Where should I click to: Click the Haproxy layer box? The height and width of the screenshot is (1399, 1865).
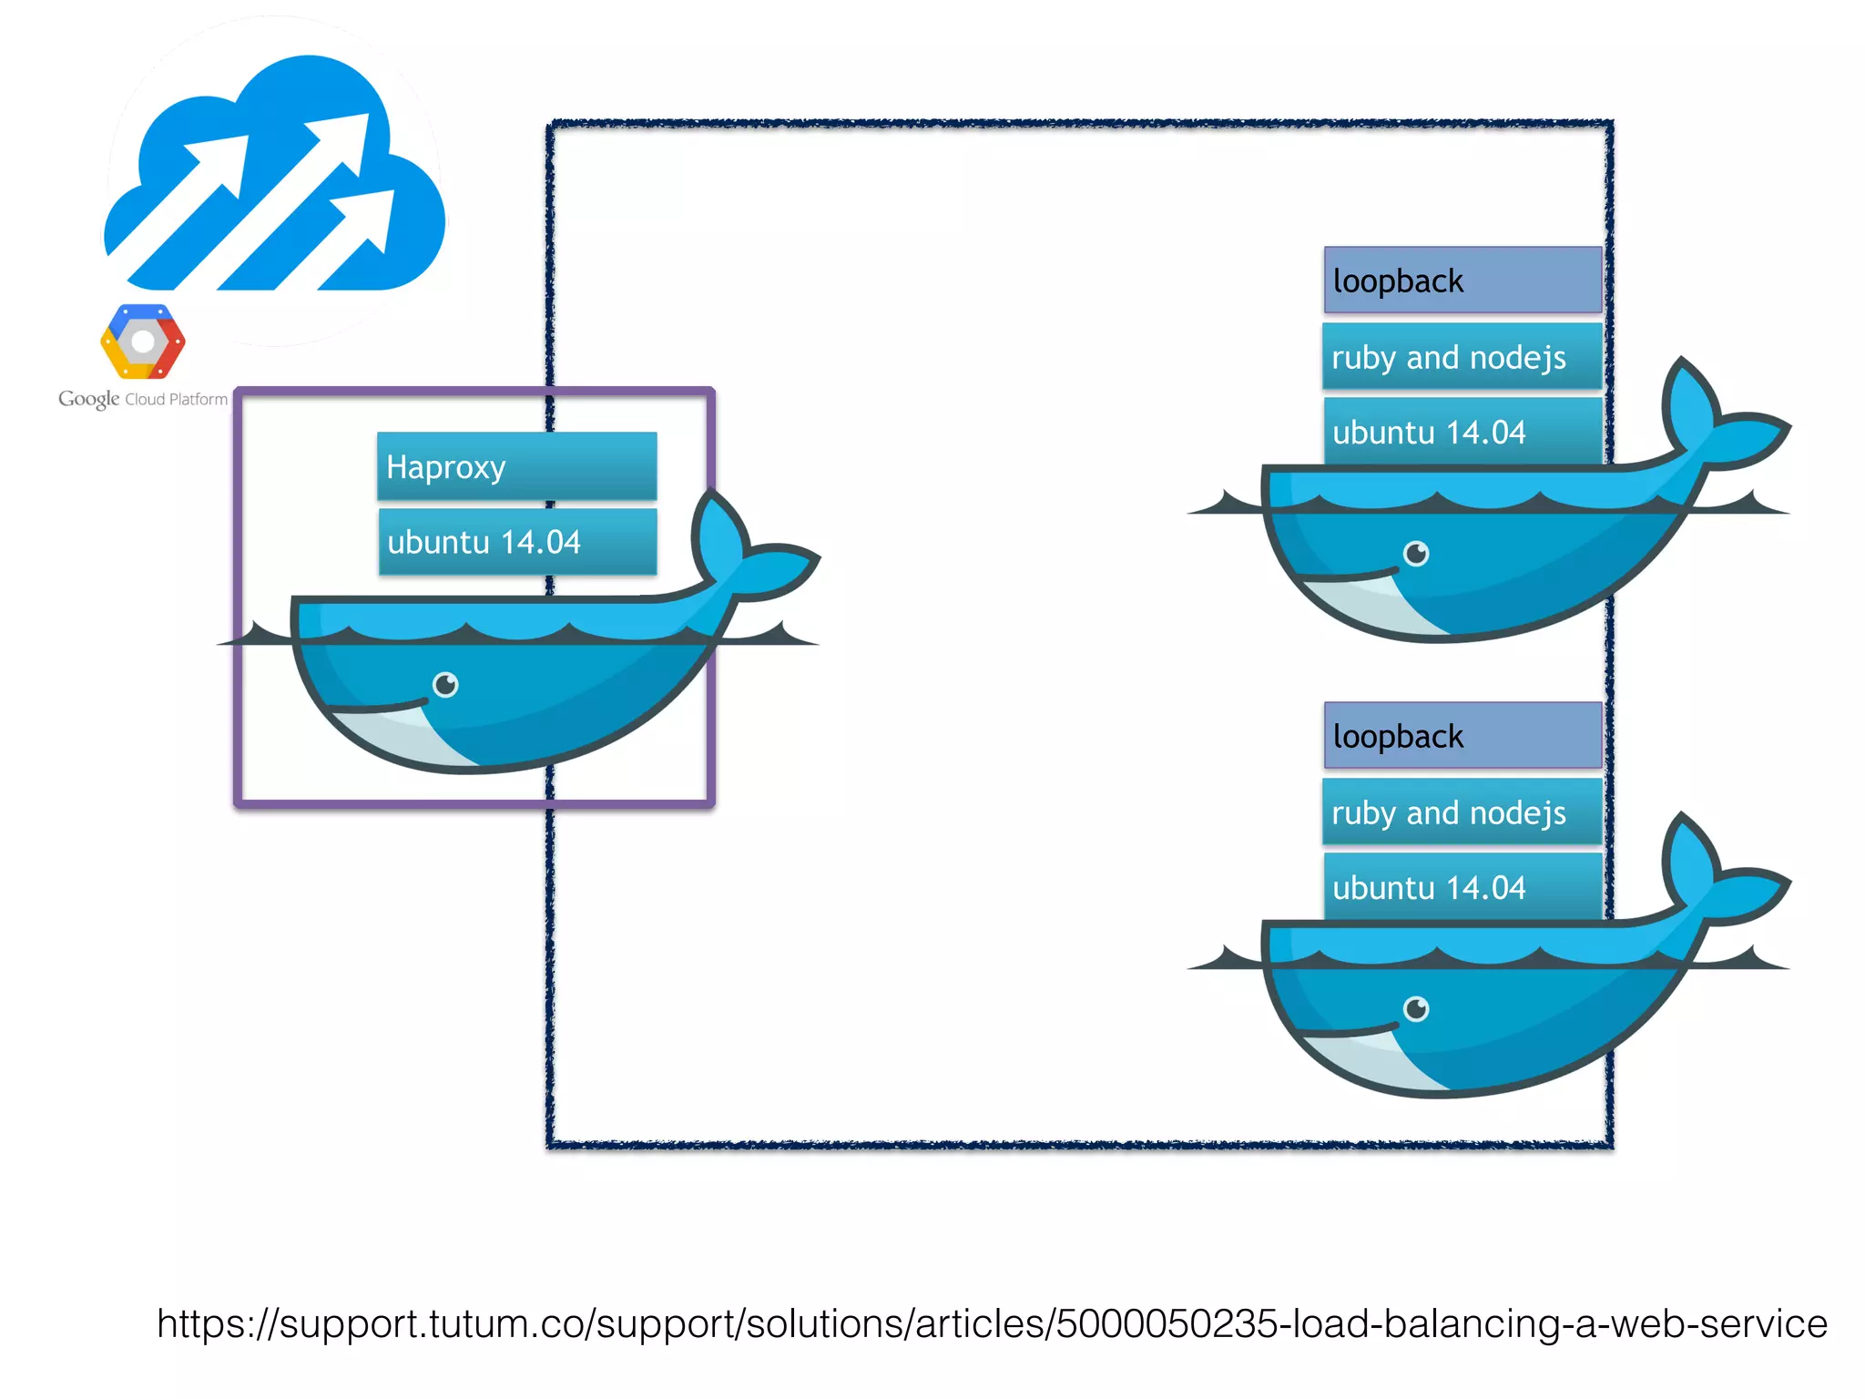[x=516, y=465]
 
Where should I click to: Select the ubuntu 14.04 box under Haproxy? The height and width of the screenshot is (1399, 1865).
[x=516, y=541]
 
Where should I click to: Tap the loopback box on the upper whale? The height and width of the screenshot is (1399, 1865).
[x=1462, y=280]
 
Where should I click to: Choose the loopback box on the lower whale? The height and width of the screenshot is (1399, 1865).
[x=1462, y=735]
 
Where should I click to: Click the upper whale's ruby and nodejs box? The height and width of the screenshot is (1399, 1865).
[x=1462, y=356]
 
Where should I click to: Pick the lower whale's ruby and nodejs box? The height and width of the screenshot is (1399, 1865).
[x=1462, y=812]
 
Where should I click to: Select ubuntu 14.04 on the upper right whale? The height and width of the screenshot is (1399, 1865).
[x=1462, y=431]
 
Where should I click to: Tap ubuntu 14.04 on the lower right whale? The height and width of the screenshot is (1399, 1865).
[x=1462, y=886]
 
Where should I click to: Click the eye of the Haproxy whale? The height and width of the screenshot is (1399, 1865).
[x=445, y=684]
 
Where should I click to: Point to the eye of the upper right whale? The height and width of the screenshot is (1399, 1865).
[x=1416, y=553]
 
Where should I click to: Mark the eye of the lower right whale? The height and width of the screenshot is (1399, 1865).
[x=1416, y=1008]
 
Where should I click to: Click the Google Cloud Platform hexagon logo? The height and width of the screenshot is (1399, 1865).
[x=143, y=342]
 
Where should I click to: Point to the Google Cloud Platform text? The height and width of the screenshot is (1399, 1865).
[x=143, y=399]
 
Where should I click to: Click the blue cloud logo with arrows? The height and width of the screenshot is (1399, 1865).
[x=273, y=182]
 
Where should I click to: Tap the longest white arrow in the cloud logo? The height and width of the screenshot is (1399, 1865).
[x=273, y=200]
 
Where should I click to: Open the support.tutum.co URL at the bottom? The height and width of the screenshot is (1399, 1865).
[x=991, y=1323]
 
